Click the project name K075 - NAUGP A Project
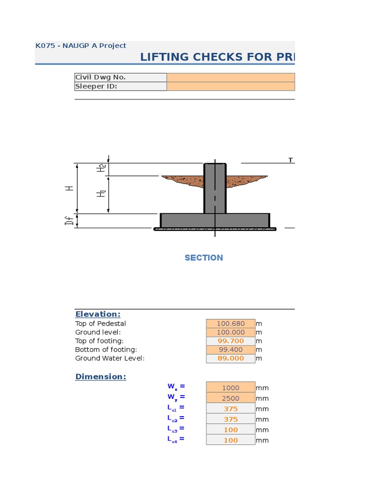(80, 46)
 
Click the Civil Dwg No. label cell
(120, 77)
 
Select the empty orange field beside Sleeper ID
(230, 86)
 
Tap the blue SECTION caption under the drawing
(204, 257)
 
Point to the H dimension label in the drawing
(70, 188)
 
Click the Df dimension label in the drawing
(70, 221)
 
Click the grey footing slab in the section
(215, 221)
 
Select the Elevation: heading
(98, 314)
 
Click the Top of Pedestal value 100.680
(230, 324)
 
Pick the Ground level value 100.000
(230, 332)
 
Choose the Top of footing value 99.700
(230, 341)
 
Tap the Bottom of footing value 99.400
(230, 350)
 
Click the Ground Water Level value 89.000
(230, 358)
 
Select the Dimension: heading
(101, 376)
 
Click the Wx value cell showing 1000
(230, 388)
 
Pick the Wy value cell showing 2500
(230, 398)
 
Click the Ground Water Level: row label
(110, 358)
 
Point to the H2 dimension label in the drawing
(101, 169)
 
